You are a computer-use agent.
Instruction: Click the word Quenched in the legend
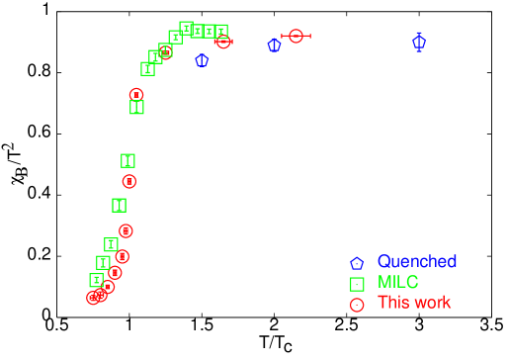[416, 262]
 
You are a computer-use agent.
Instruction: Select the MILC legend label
[398, 283]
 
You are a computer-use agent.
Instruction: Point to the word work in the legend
[433, 303]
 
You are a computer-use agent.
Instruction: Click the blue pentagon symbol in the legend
[357, 264]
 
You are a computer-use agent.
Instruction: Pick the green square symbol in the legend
[357, 284]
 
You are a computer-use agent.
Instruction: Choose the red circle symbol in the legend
[357, 305]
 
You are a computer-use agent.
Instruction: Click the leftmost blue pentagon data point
[202, 60]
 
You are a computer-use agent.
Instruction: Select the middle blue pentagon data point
[274, 45]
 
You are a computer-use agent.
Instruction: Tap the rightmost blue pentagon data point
[419, 43]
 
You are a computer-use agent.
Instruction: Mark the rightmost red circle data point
[296, 37]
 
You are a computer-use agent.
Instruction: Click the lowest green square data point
[96, 280]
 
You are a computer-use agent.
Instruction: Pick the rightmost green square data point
[220, 32]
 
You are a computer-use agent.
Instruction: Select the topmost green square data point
[186, 28]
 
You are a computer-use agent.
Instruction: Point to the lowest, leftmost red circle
[94, 297]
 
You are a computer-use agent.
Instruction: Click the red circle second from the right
[223, 42]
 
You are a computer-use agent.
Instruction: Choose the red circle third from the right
[165, 50]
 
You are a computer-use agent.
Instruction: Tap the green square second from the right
[209, 32]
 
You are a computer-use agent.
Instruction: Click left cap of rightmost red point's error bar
[282, 37]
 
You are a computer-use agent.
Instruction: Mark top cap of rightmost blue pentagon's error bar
[419, 33]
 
